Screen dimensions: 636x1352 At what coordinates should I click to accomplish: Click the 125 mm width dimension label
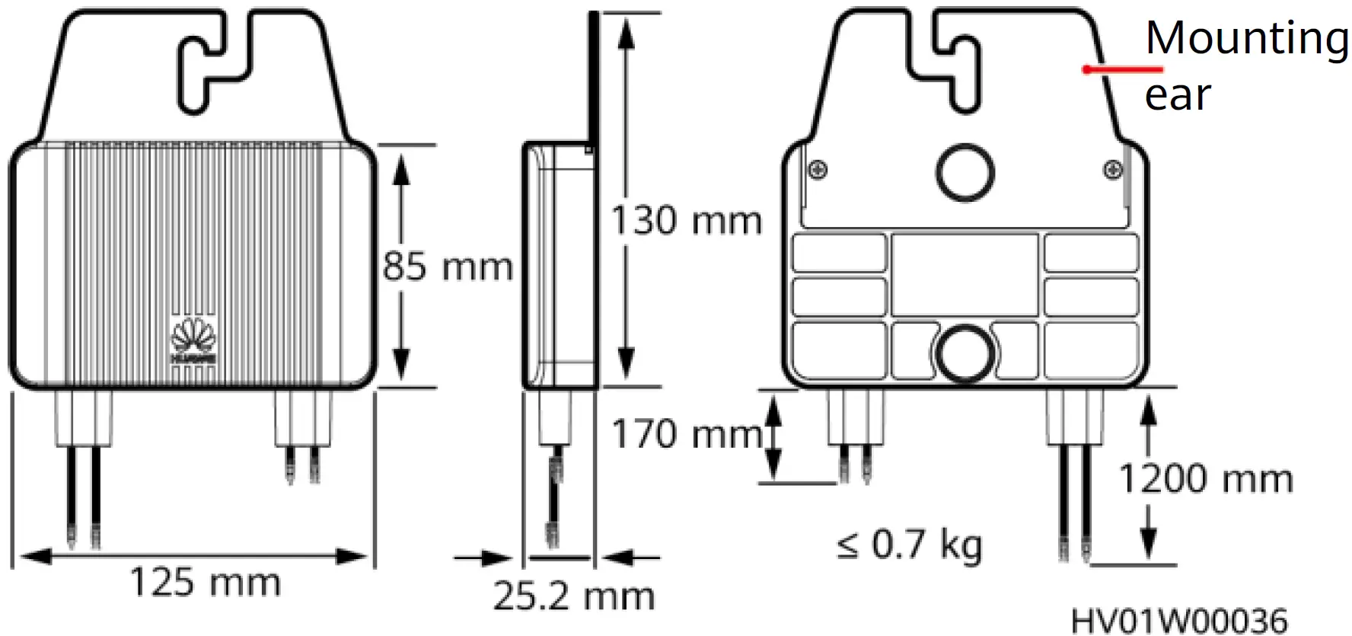click(x=206, y=583)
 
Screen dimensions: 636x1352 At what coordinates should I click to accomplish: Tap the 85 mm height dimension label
click(x=448, y=267)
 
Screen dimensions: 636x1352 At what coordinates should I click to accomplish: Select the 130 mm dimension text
click(x=686, y=221)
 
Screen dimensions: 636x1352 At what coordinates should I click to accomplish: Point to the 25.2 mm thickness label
click(x=574, y=596)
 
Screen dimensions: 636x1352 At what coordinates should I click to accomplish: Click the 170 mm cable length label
click(x=686, y=434)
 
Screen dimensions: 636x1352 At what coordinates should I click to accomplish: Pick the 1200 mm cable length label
click(x=1206, y=479)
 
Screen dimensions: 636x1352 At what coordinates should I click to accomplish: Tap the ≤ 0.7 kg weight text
click(x=910, y=545)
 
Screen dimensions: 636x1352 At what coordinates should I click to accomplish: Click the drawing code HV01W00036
click(x=1179, y=620)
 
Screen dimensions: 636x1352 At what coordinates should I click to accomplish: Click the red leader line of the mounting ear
click(x=1123, y=69)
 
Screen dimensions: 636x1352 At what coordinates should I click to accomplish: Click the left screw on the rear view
click(x=818, y=169)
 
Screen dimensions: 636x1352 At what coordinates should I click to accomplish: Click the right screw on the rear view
click(x=1112, y=169)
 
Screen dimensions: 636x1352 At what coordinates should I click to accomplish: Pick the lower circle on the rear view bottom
click(x=965, y=353)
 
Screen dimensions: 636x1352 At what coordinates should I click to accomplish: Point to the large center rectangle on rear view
click(x=965, y=275)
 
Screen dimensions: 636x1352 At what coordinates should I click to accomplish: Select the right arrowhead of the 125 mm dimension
click(x=353, y=557)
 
